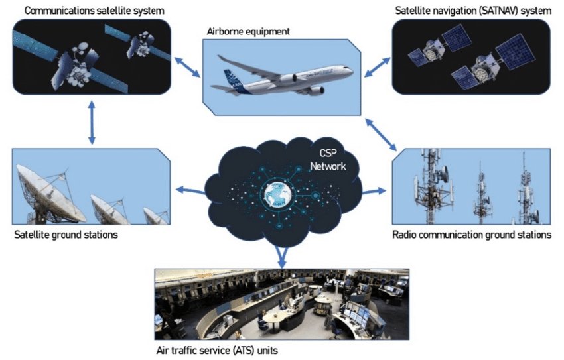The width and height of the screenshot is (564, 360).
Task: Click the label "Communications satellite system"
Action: [x=95, y=11]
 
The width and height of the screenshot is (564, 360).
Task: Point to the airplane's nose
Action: [x=352, y=72]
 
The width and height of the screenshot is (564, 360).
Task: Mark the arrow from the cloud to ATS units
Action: [x=282, y=255]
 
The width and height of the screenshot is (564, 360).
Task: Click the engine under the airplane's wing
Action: [x=289, y=79]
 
